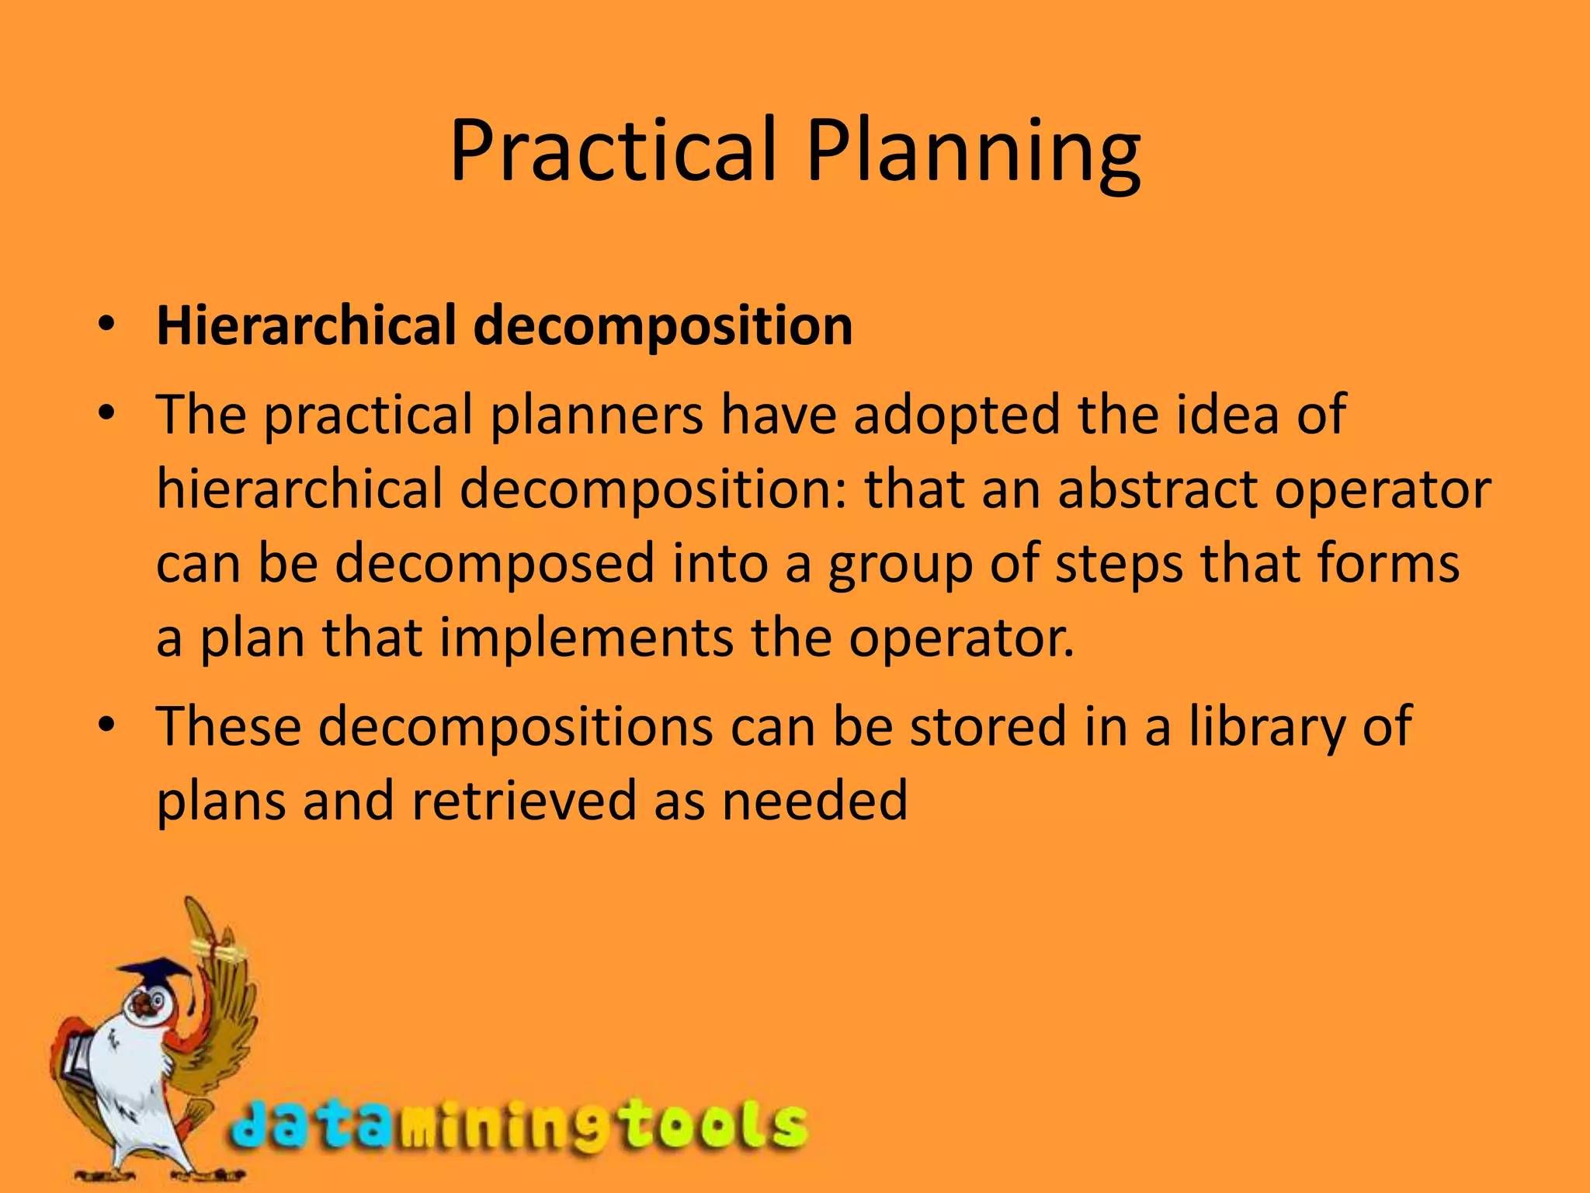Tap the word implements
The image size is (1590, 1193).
(x=586, y=638)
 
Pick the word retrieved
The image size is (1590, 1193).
(x=524, y=801)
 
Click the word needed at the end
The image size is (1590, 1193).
(x=814, y=801)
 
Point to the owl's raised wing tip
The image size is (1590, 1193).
(x=194, y=913)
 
